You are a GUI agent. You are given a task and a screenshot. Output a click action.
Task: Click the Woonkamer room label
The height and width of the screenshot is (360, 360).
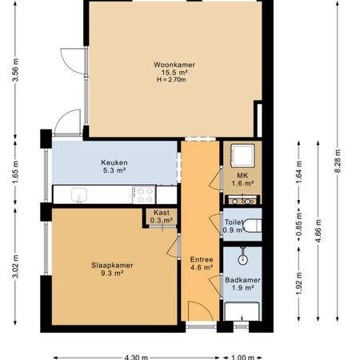(174, 65)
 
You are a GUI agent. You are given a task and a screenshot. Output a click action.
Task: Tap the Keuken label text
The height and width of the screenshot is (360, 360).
(114, 162)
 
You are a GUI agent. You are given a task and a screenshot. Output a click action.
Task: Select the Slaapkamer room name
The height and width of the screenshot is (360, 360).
(112, 266)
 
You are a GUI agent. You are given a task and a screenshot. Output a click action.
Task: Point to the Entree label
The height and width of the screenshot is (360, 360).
(202, 259)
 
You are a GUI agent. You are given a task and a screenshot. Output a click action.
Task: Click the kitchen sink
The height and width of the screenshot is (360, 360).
(79, 194)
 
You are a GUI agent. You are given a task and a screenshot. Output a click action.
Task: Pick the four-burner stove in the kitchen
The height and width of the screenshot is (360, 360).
(144, 195)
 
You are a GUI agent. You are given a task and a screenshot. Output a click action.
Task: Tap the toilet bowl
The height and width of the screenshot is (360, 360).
(253, 226)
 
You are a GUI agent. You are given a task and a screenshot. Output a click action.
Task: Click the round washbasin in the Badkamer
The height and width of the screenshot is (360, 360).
(242, 259)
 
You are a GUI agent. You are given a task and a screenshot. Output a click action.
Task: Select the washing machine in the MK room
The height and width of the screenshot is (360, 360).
(242, 156)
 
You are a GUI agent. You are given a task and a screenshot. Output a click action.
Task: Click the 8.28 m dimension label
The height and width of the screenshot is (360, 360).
(338, 161)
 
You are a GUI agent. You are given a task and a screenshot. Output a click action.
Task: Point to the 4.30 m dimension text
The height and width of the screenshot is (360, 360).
(136, 358)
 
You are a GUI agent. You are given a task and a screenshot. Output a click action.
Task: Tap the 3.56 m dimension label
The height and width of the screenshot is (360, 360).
(15, 70)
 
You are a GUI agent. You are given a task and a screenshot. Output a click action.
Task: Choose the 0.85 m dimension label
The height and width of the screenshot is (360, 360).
(298, 224)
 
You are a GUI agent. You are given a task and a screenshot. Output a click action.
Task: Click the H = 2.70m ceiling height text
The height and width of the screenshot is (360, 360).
(171, 79)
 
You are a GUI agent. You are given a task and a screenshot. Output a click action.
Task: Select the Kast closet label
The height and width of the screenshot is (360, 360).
(162, 213)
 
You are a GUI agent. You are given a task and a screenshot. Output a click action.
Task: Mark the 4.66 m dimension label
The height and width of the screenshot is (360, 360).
(318, 230)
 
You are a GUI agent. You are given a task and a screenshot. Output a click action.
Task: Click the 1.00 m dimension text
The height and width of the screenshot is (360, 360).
(242, 358)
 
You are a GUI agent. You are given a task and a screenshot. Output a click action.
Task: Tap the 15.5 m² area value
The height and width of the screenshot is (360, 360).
(174, 72)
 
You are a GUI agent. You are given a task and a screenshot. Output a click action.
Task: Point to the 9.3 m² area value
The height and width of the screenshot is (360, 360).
(112, 273)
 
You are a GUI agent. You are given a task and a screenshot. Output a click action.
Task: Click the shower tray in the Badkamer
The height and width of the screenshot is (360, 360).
(242, 311)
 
